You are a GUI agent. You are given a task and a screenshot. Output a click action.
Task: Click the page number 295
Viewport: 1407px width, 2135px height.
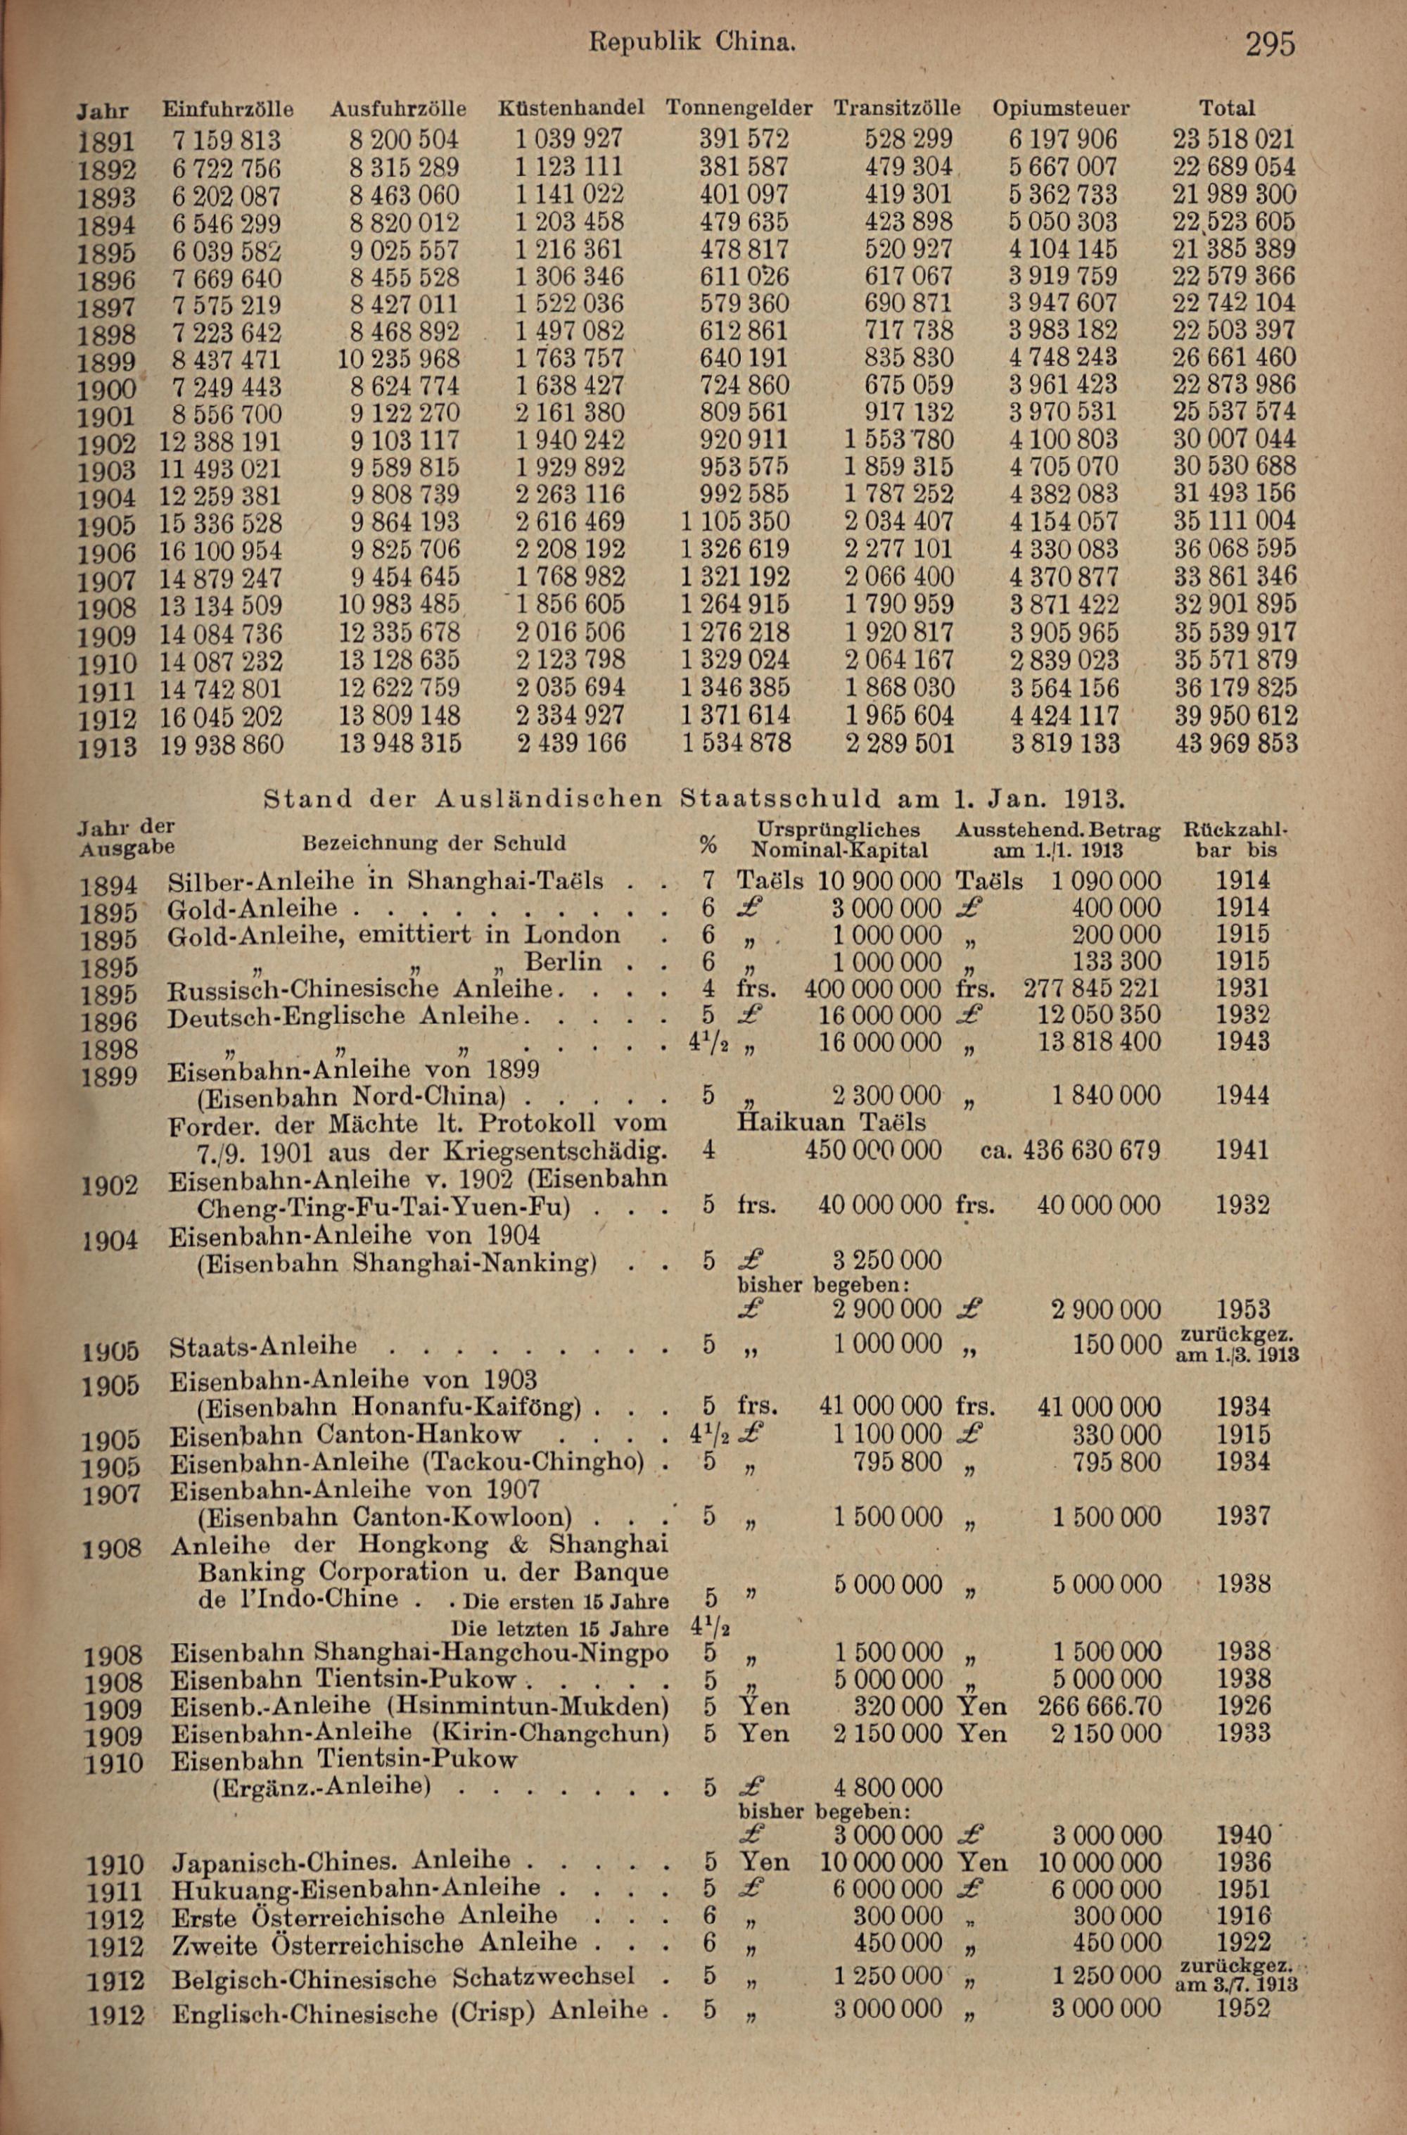click(x=1270, y=43)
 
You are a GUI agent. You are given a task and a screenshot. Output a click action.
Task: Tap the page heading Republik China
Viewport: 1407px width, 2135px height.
click(x=691, y=42)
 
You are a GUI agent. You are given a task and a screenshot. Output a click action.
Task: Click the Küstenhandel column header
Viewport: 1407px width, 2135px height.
click(x=571, y=108)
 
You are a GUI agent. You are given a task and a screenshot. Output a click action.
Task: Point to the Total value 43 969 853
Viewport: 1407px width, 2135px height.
click(x=1235, y=743)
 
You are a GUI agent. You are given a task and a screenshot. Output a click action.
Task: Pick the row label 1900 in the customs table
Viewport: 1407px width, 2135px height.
click(x=107, y=388)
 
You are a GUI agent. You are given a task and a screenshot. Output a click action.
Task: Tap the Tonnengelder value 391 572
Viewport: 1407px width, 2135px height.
click(x=744, y=139)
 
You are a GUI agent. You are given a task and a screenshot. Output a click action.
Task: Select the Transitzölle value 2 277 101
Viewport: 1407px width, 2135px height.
click(x=899, y=549)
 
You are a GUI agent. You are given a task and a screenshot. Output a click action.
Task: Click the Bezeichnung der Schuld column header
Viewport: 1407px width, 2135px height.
click(x=434, y=843)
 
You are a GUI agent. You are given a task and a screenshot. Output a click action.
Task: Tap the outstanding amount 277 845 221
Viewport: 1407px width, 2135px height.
click(x=1091, y=988)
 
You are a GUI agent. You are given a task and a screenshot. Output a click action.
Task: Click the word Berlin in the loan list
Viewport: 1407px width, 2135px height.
click(x=564, y=961)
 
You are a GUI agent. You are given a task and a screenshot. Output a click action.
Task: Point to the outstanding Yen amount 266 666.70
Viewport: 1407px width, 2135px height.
click(x=1098, y=1705)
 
